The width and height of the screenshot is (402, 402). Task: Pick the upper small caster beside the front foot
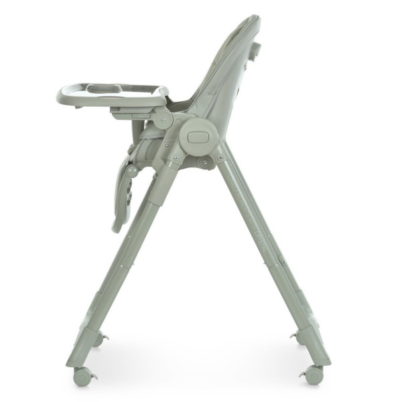(x=100, y=338)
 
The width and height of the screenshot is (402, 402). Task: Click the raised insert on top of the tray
(x=104, y=88)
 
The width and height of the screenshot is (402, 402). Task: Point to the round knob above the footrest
(x=133, y=171)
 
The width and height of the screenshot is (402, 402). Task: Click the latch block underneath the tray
(x=127, y=114)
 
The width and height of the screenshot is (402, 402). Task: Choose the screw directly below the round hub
(x=204, y=161)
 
